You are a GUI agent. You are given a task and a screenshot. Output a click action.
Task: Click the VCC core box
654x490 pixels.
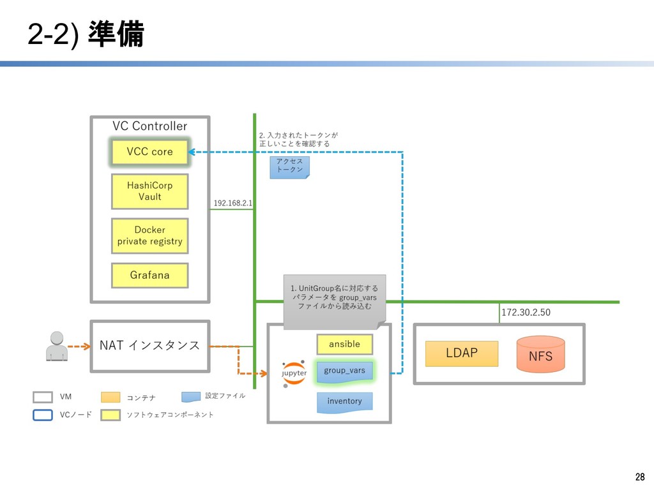(x=149, y=152)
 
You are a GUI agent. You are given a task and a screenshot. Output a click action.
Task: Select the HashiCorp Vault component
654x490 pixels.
(x=149, y=191)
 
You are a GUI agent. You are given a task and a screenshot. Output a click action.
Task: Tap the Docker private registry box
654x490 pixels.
(x=149, y=235)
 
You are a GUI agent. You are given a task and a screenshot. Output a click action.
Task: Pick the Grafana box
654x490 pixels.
(x=149, y=275)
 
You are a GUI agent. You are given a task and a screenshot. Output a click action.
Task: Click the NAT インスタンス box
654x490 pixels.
(x=149, y=346)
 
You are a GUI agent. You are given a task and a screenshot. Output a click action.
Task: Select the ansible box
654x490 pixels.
(x=344, y=345)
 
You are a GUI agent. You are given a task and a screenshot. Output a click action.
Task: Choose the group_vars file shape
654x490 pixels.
(x=344, y=372)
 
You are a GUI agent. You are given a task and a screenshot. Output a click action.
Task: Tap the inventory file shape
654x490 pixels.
(x=344, y=402)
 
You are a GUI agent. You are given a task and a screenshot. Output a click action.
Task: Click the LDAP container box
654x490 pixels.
(x=461, y=353)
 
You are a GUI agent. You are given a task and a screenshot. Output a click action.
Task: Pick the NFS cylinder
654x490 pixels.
(x=540, y=354)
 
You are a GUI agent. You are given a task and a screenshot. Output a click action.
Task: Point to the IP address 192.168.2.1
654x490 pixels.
(x=232, y=203)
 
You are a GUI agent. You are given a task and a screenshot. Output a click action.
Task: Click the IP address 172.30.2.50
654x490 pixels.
(x=526, y=313)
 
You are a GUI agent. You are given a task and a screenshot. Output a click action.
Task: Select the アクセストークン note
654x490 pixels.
(x=289, y=167)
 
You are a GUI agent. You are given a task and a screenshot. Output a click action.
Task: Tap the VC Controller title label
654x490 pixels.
(x=149, y=126)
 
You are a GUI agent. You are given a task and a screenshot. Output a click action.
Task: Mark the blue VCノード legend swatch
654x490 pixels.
(x=43, y=415)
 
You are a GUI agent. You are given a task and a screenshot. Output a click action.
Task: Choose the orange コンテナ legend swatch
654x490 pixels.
(x=110, y=397)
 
